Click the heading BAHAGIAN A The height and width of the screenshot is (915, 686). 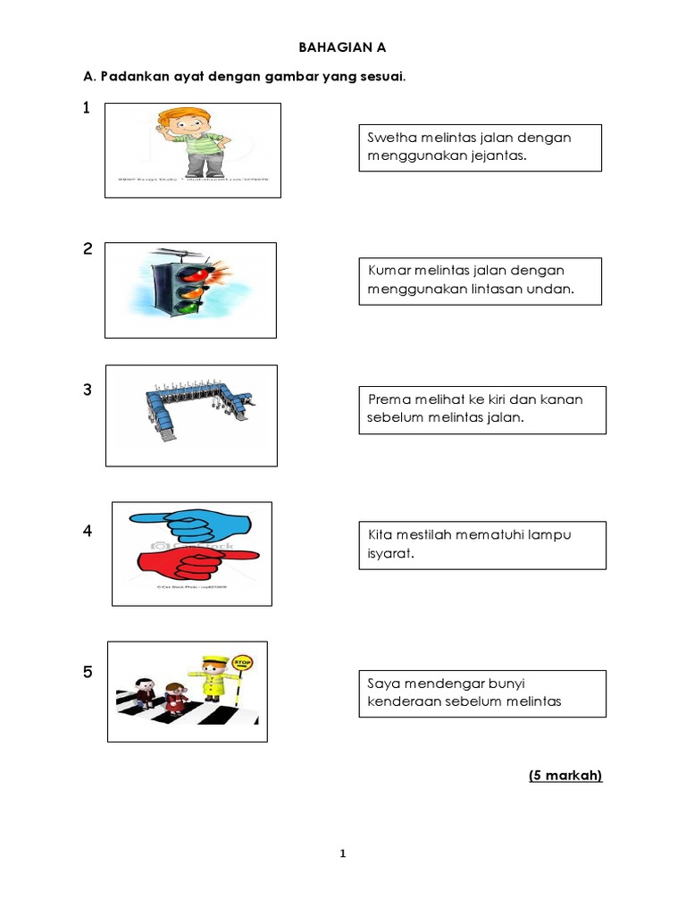343,46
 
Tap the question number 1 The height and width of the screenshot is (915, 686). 87,108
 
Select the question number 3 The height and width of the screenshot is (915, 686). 88,390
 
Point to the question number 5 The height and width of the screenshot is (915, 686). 88,672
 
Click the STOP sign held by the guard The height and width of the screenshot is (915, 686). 243,664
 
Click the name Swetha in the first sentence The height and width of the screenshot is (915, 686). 390,138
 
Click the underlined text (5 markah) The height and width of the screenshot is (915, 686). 565,775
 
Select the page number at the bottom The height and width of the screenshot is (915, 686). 342,854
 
